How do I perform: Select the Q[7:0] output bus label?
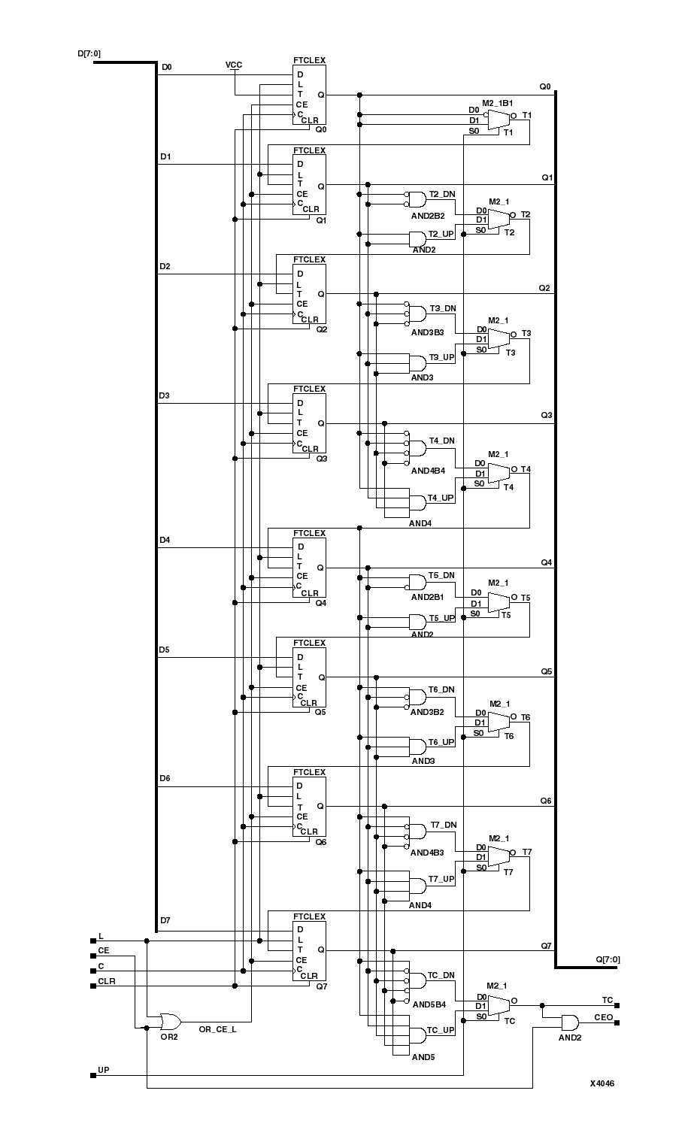pyautogui.click(x=608, y=959)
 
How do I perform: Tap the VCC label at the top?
pyautogui.click(x=234, y=65)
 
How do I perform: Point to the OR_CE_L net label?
pyautogui.click(x=217, y=1029)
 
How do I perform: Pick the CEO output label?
pyautogui.click(x=604, y=1017)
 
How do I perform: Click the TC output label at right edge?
pyautogui.click(x=608, y=1000)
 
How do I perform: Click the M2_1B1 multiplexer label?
pyautogui.click(x=498, y=102)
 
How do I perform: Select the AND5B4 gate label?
pyautogui.click(x=429, y=1004)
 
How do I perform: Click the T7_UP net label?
pyautogui.click(x=441, y=878)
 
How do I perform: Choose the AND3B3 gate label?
pyautogui.click(x=427, y=332)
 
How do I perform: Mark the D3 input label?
pyautogui.click(x=165, y=395)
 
